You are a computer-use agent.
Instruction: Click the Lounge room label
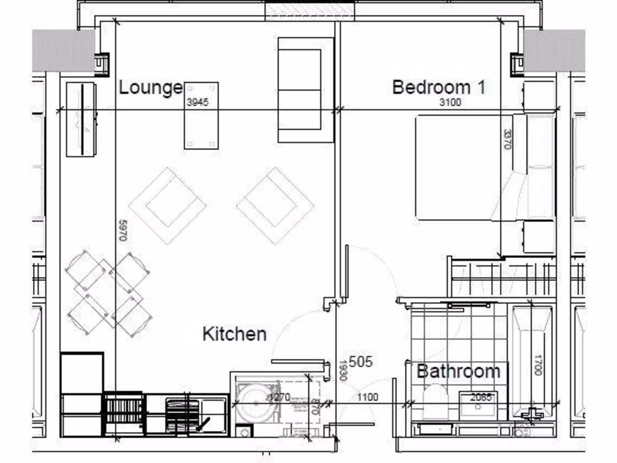point(150,87)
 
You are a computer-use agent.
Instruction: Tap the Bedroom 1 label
point(438,87)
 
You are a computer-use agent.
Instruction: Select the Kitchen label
point(234,333)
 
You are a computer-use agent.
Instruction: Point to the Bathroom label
point(458,371)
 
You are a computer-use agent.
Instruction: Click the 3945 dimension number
point(198,102)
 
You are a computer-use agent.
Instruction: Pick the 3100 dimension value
point(449,102)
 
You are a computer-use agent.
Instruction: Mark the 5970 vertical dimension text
point(122,230)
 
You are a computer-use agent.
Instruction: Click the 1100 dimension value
point(368,397)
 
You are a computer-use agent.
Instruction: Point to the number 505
point(361,362)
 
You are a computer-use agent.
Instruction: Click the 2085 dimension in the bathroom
point(480,397)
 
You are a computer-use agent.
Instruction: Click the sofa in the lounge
point(305,90)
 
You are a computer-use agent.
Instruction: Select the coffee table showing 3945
point(201,127)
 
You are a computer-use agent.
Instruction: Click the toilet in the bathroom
point(435,403)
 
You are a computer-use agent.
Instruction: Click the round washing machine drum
point(256,401)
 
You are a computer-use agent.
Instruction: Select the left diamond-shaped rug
point(168,206)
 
